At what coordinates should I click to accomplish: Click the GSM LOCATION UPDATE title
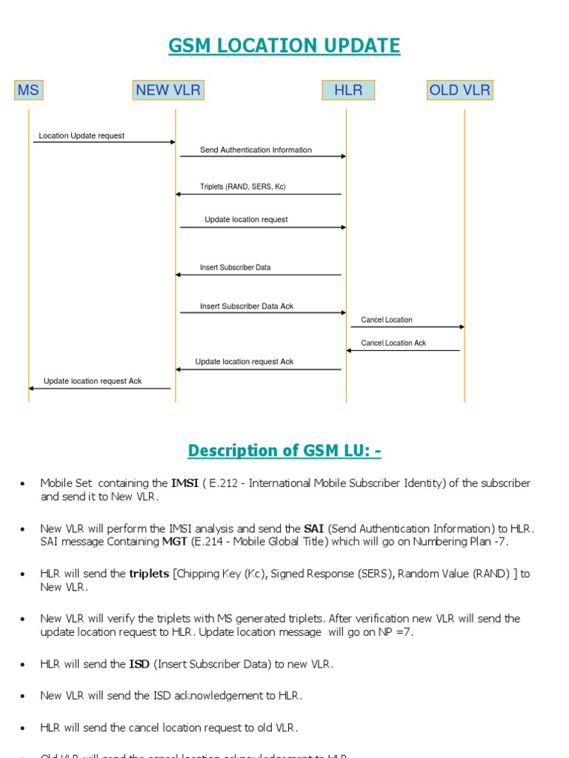click(284, 46)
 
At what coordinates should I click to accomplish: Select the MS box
click(28, 90)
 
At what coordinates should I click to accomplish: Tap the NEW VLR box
click(168, 90)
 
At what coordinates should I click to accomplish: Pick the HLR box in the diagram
click(348, 90)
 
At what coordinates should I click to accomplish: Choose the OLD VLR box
click(459, 90)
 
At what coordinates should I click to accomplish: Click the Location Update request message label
click(81, 136)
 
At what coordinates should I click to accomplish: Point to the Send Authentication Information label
click(256, 150)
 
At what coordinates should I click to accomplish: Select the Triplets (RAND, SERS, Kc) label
click(242, 187)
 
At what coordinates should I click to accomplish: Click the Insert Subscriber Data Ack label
click(247, 306)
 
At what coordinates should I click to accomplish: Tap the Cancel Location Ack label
click(393, 343)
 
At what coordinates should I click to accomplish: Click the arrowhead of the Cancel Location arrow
click(462, 326)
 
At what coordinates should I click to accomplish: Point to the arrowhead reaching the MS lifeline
click(31, 388)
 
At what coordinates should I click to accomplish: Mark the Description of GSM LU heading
click(284, 451)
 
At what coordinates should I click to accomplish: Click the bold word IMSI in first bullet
click(184, 483)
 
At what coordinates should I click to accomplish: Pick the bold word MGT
click(171, 542)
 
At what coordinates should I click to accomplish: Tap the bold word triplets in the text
click(149, 574)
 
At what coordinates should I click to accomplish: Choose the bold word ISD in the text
click(139, 664)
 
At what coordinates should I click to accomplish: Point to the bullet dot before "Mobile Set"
click(23, 484)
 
